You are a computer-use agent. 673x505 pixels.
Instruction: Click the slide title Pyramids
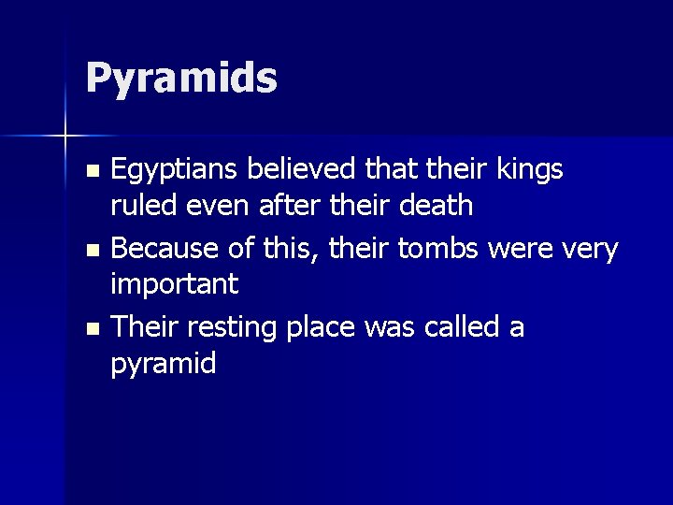click(x=181, y=79)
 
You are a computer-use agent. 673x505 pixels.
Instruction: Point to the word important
click(x=175, y=284)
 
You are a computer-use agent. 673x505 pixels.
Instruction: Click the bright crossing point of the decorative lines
click(x=65, y=137)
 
